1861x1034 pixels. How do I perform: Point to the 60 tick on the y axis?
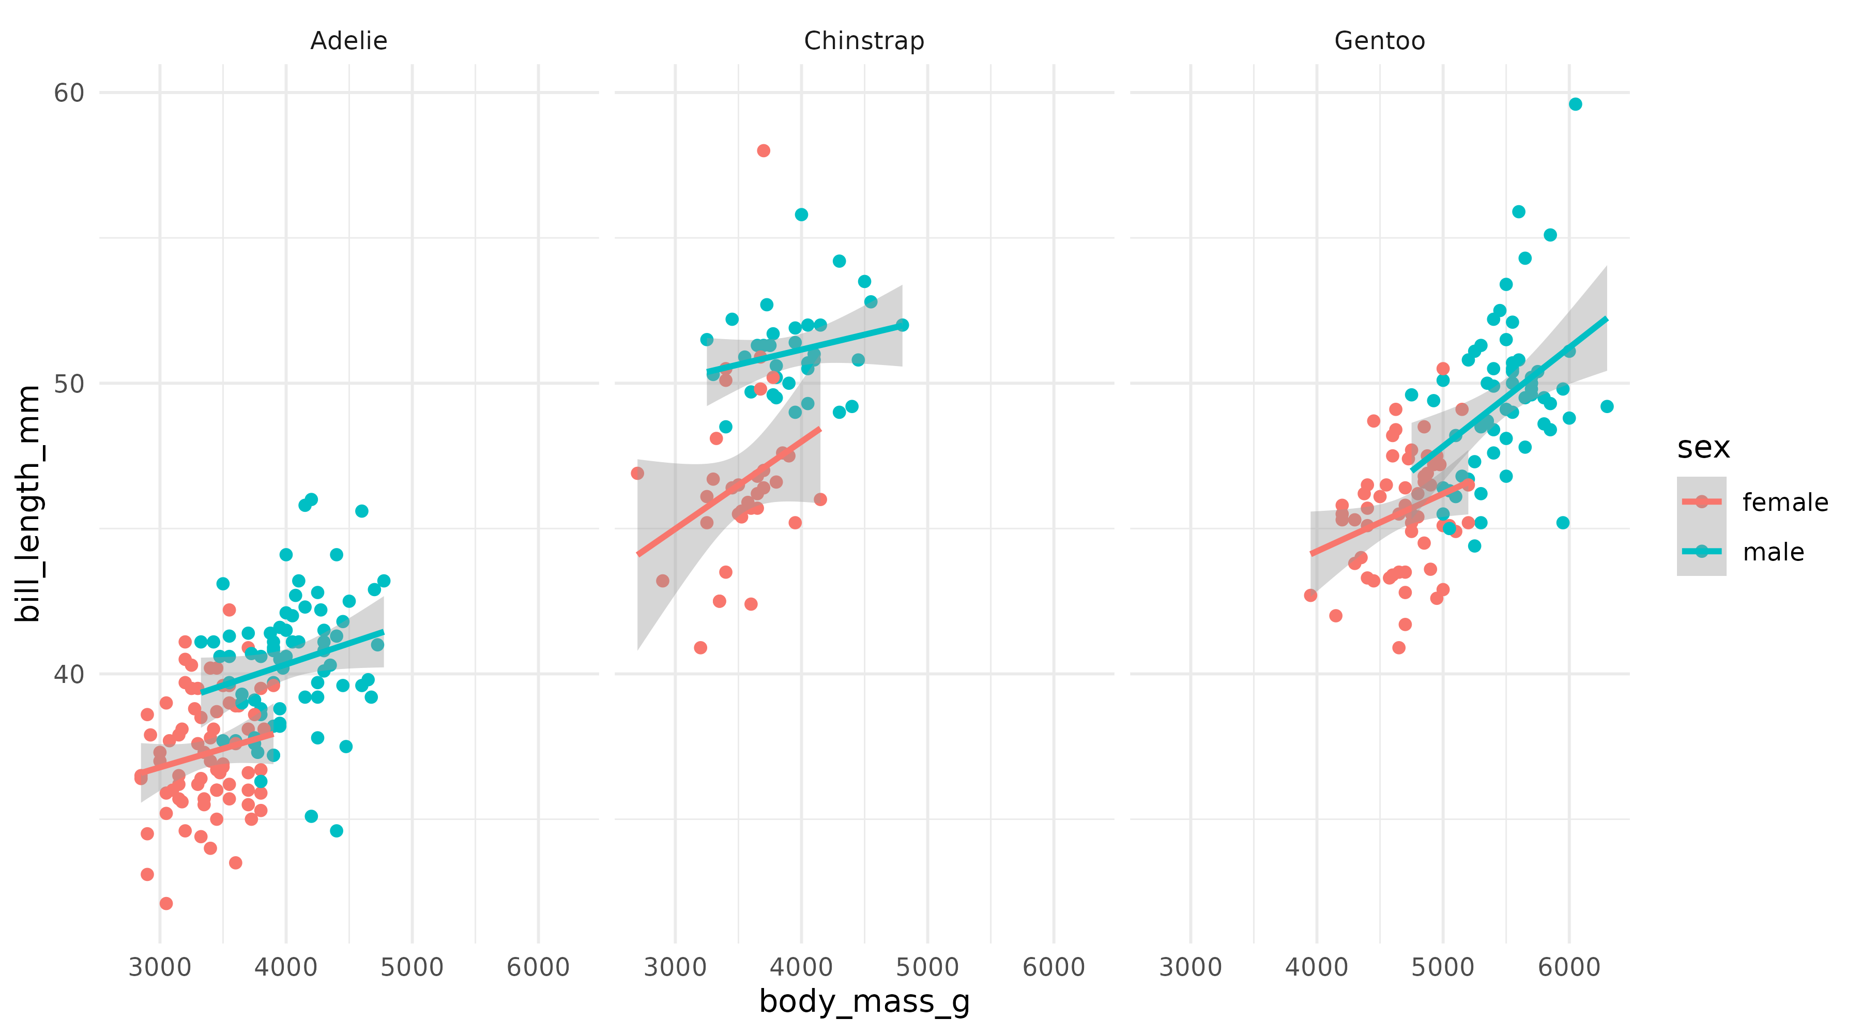pyautogui.click(x=69, y=93)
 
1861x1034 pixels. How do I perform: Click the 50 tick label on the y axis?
pyautogui.click(x=69, y=383)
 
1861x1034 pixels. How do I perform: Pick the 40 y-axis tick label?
pyautogui.click(x=69, y=674)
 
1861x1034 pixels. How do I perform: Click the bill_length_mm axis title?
pyautogui.click(x=28, y=503)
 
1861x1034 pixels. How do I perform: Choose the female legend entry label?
pyautogui.click(x=1784, y=502)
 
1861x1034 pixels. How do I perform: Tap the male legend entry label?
pyautogui.click(x=1773, y=552)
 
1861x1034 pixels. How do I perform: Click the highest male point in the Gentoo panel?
pyautogui.click(x=1575, y=104)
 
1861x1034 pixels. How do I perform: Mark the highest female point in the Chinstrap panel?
pyautogui.click(x=763, y=150)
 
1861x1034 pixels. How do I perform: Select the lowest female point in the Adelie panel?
pyautogui.click(x=166, y=903)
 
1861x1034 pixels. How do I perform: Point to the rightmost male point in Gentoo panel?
pyautogui.click(x=1607, y=406)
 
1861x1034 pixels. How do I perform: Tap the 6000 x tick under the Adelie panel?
pyautogui.click(x=538, y=967)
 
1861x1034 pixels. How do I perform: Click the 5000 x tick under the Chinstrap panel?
pyautogui.click(x=927, y=967)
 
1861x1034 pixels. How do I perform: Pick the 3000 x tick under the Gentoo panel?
pyautogui.click(x=1190, y=967)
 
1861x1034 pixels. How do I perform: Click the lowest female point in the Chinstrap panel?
pyautogui.click(x=700, y=647)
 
